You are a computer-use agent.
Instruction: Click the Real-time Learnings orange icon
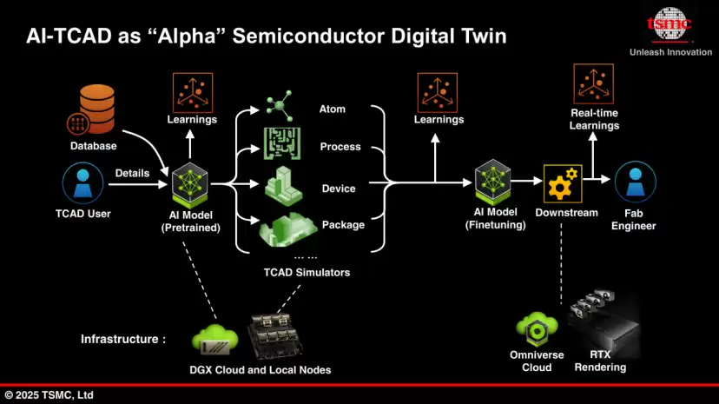tap(594, 85)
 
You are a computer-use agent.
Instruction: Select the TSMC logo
tap(670, 24)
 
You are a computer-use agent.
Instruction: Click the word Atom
tap(333, 109)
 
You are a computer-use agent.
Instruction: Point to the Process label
tap(340, 147)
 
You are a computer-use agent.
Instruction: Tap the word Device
tap(339, 189)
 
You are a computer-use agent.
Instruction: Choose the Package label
tap(343, 225)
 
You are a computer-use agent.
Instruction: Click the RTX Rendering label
tap(600, 361)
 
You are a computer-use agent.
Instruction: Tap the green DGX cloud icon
tap(214, 338)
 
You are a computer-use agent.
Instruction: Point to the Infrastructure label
tap(123, 339)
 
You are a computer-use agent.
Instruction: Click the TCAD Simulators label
tap(307, 273)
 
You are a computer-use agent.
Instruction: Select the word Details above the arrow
tap(132, 174)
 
